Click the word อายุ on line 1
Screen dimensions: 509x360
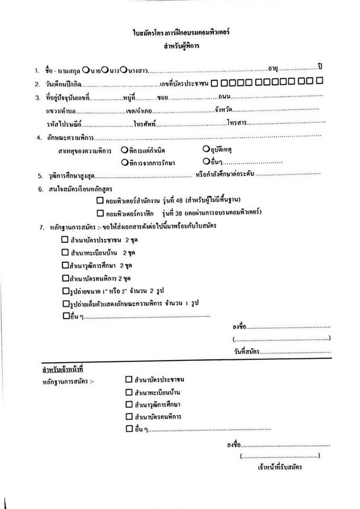pyautogui.click(x=274, y=69)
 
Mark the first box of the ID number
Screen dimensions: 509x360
pyautogui.click(x=214, y=82)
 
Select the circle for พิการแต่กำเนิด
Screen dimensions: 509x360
pyautogui.click(x=123, y=150)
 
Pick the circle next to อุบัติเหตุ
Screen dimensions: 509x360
pyautogui.click(x=205, y=150)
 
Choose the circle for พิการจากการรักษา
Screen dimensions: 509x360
pyautogui.click(x=124, y=162)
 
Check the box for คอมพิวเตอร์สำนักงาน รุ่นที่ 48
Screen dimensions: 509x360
pyautogui.click(x=100, y=201)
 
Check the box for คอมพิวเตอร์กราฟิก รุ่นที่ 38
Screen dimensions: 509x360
pyautogui.click(x=100, y=213)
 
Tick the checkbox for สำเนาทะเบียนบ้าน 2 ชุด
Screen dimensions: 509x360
pyautogui.click(x=65, y=252)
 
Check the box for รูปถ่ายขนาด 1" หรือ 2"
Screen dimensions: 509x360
pyautogui.click(x=65, y=290)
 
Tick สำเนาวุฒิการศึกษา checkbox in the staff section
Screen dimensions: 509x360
pyautogui.click(x=128, y=405)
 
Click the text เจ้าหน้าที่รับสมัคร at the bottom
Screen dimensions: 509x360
pyautogui.click(x=280, y=468)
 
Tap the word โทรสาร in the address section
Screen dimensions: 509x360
pyautogui.click(x=235, y=123)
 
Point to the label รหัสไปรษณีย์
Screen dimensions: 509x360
pyautogui.click(x=64, y=124)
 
